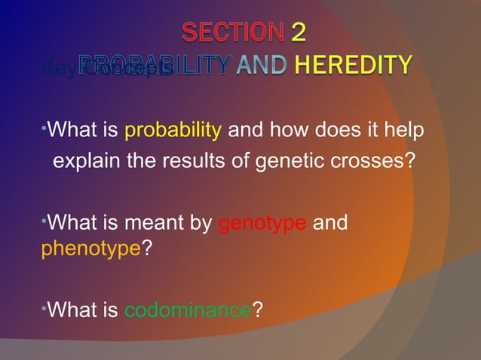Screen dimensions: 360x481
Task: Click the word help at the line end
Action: [407, 133]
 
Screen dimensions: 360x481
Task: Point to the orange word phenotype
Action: [90, 250]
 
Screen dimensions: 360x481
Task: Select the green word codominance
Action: [188, 310]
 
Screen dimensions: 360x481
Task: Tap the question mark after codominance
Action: [258, 310]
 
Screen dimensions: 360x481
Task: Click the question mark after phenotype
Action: [146, 250]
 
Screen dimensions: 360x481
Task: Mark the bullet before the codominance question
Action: [44, 307]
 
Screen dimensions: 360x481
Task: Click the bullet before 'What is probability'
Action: [44, 129]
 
